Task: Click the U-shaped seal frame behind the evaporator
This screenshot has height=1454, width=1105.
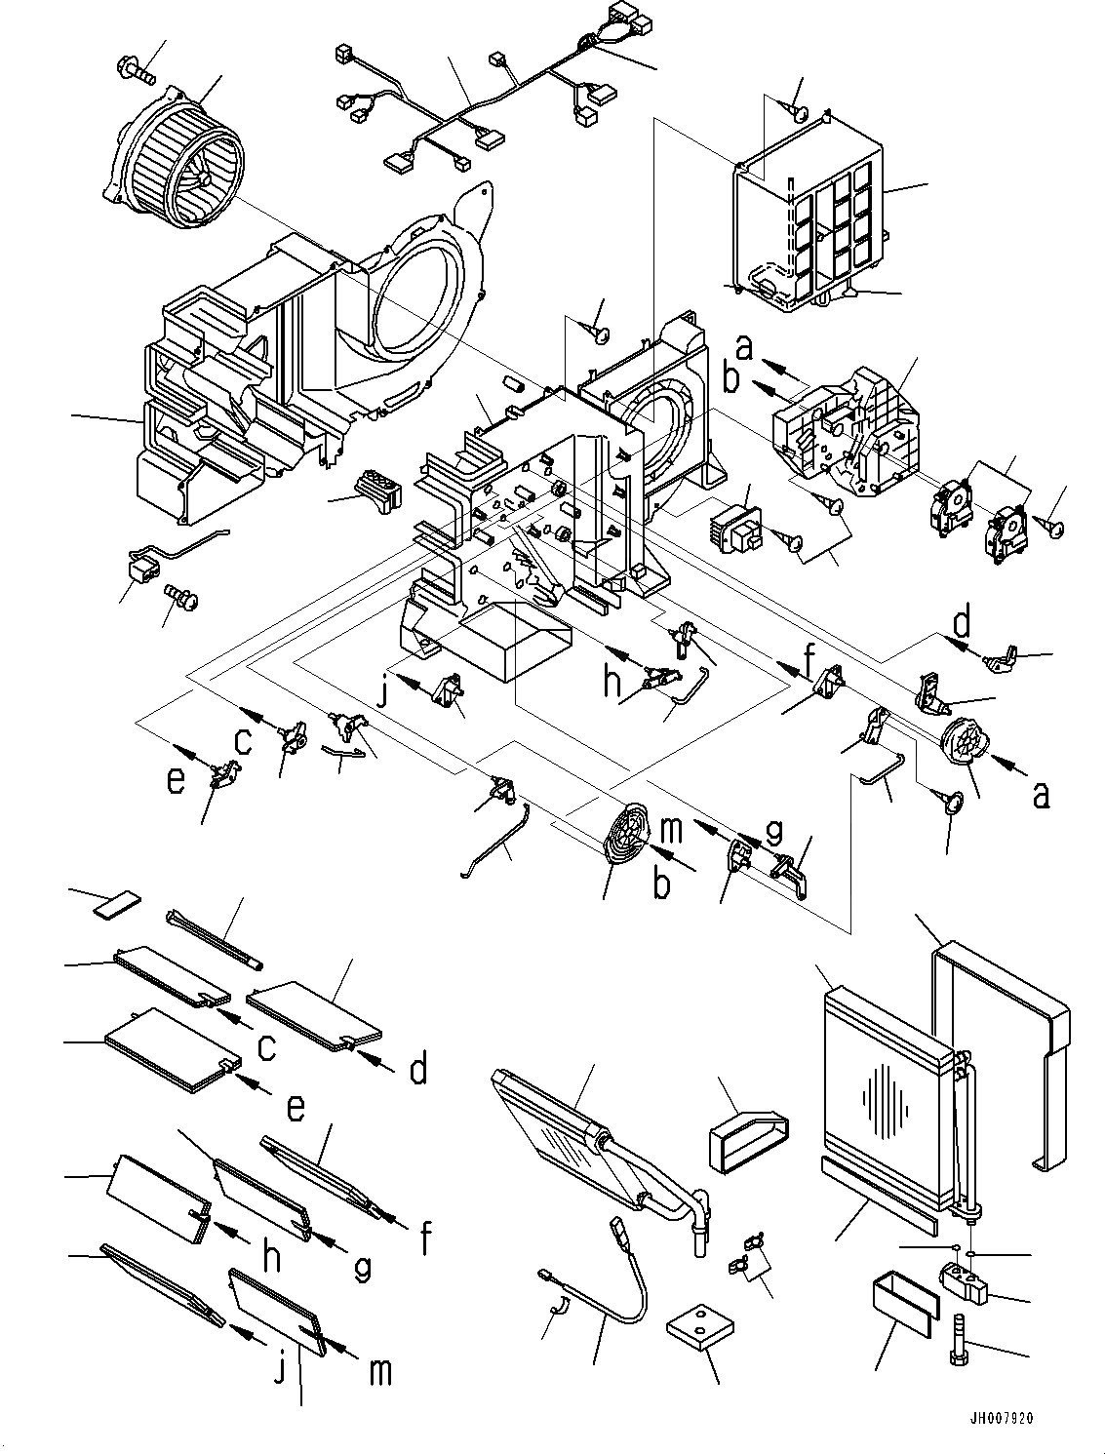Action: coord(1005,1024)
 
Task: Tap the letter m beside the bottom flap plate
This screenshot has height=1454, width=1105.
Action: coord(379,1370)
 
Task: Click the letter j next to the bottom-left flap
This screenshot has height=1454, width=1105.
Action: coord(281,1369)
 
